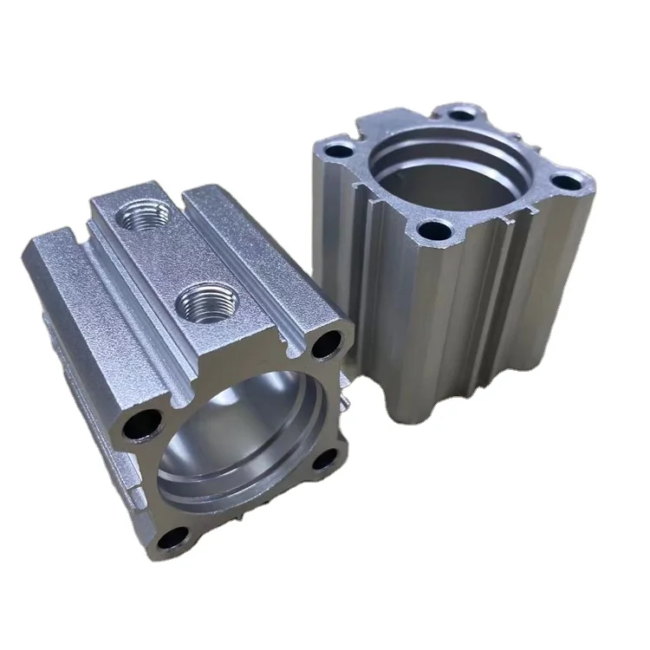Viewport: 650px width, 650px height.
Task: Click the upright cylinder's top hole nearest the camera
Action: point(431,231)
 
